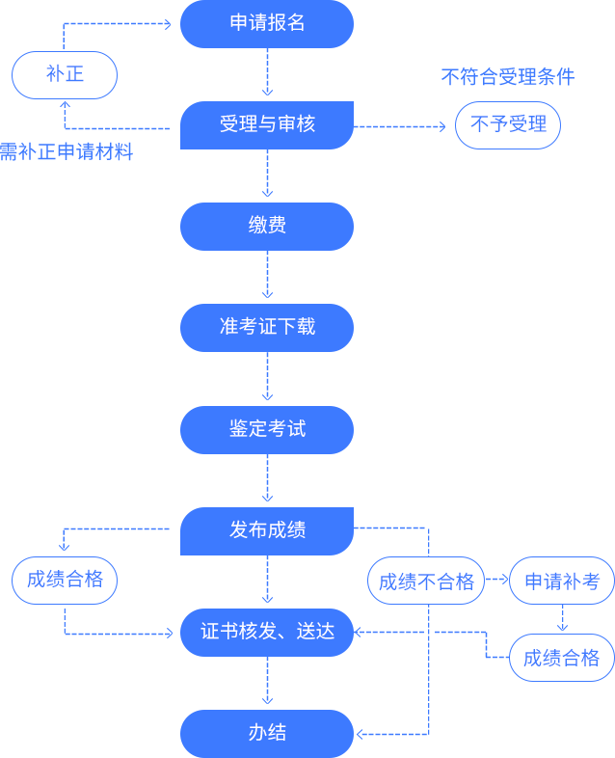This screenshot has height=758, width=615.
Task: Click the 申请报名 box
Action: click(267, 23)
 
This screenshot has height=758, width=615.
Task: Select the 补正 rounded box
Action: click(65, 74)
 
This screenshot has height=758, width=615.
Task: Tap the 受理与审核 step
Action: click(267, 124)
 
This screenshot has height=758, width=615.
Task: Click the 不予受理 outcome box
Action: click(508, 124)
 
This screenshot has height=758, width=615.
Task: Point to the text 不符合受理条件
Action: click(507, 77)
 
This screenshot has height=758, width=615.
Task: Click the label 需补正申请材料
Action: click(67, 151)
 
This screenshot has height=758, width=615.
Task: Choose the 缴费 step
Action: click(267, 226)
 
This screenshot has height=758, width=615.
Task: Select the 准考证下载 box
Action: click(267, 327)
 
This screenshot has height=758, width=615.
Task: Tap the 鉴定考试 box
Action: click(267, 429)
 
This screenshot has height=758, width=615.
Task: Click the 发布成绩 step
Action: click(267, 530)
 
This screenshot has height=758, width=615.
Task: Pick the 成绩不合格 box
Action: click(426, 581)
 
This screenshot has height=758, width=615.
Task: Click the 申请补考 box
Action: click(562, 581)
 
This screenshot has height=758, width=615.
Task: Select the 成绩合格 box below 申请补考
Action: click(562, 658)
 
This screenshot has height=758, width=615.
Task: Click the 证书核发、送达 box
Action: click(267, 632)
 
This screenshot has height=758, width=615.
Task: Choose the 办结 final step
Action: click(267, 733)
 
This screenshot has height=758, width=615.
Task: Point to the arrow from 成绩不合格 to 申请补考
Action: click(496, 581)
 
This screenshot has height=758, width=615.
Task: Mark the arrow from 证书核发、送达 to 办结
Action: click(267, 683)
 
